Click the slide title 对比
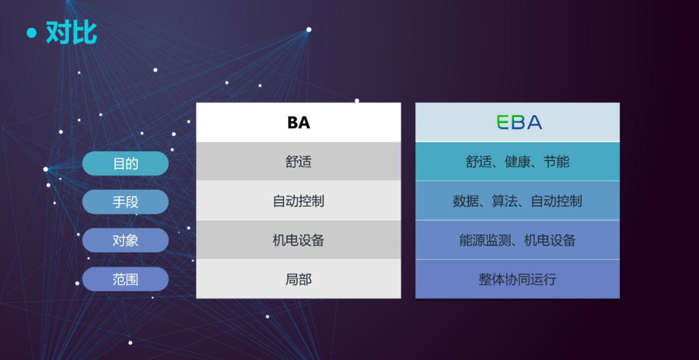point(71,32)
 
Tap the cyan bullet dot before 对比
point(31,33)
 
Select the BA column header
point(298,122)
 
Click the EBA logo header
point(518,122)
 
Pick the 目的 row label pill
point(126,164)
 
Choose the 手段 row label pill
point(126,202)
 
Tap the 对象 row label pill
point(126,240)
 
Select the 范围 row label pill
point(126,279)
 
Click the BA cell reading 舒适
point(298,161)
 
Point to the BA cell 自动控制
point(298,201)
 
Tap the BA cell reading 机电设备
point(298,240)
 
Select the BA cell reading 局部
point(298,279)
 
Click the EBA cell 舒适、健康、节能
point(518,161)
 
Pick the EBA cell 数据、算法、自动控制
point(518,201)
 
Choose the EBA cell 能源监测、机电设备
point(518,240)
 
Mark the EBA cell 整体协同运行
point(518,279)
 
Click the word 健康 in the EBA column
point(518,161)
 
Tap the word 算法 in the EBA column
point(505,201)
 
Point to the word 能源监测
point(485,240)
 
